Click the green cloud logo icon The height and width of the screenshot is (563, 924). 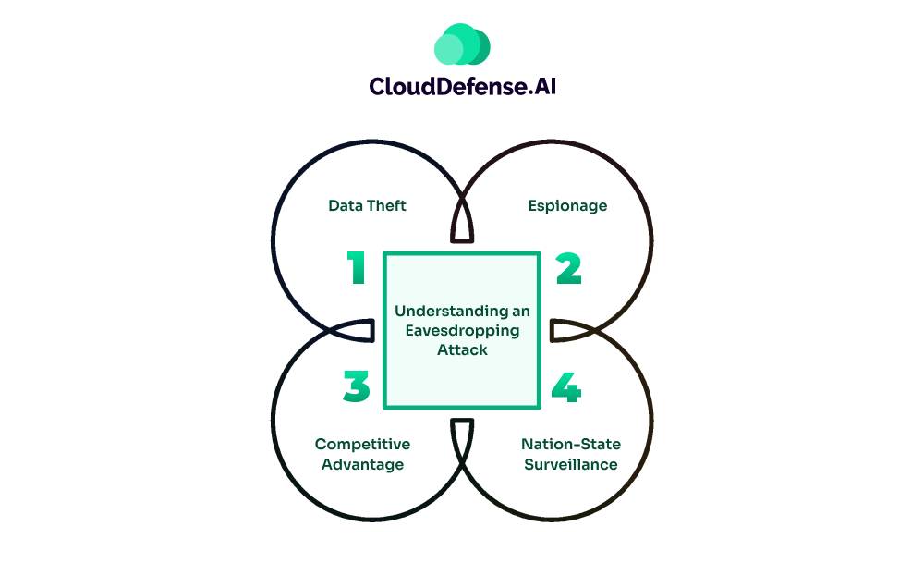461,43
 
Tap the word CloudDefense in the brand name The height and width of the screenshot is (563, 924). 438,87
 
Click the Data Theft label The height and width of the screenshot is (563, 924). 367,205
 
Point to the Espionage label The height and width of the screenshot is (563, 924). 567,205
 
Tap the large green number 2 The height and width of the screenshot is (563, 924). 568,269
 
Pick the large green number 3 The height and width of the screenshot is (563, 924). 356,387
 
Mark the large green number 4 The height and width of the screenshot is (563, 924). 566,387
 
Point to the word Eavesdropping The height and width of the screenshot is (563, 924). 462,331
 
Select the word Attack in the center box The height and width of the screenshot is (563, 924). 462,350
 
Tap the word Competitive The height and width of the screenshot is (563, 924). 363,444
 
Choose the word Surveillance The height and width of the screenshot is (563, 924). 570,464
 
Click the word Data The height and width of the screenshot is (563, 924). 345,205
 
